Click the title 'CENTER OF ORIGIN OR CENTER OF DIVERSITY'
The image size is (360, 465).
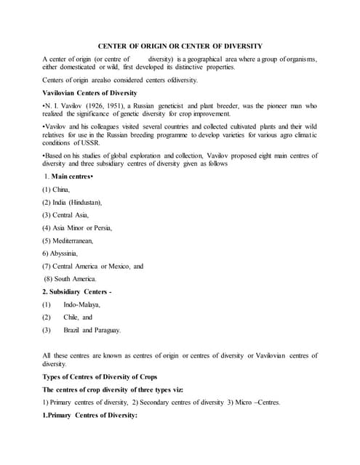[x=180, y=46]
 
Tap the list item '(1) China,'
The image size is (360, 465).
[x=56, y=190]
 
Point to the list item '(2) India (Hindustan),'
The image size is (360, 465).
[x=72, y=202]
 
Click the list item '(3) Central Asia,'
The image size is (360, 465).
[x=65, y=215]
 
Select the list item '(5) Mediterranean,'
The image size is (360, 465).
[x=68, y=240]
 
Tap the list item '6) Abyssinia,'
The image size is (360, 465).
[x=60, y=254]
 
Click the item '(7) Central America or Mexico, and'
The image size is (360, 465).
[x=92, y=266]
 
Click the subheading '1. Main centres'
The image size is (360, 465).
[x=68, y=177]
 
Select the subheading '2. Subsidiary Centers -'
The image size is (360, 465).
[x=80, y=291]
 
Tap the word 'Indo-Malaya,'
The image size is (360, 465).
[x=82, y=304]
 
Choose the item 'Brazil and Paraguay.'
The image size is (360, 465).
[x=92, y=330]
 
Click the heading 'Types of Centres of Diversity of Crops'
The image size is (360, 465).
[x=100, y=377]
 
